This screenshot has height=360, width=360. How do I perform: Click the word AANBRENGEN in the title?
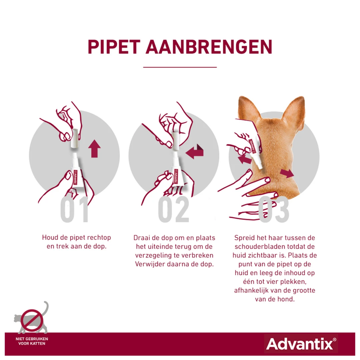point(209,47)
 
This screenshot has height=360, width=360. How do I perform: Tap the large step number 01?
point(75,210)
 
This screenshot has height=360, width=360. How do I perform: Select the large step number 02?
point(174,210)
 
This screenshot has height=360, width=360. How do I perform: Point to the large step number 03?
point(274,210)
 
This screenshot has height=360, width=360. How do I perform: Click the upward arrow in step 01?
point(95,149)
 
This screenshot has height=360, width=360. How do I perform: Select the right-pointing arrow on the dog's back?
point(287,173)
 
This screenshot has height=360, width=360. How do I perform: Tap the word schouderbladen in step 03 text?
point(256,247)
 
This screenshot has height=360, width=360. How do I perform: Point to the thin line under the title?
point(180,67)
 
